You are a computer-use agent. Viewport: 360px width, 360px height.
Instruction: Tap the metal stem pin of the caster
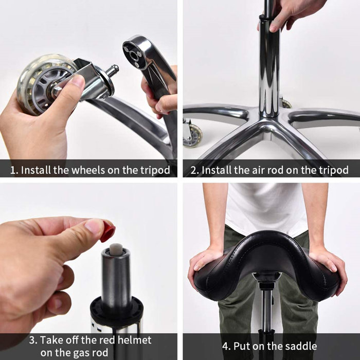pyautogui.click(x=112, y=70)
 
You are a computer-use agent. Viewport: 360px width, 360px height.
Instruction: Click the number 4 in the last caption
pyautogui.click(x=226, y=346)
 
